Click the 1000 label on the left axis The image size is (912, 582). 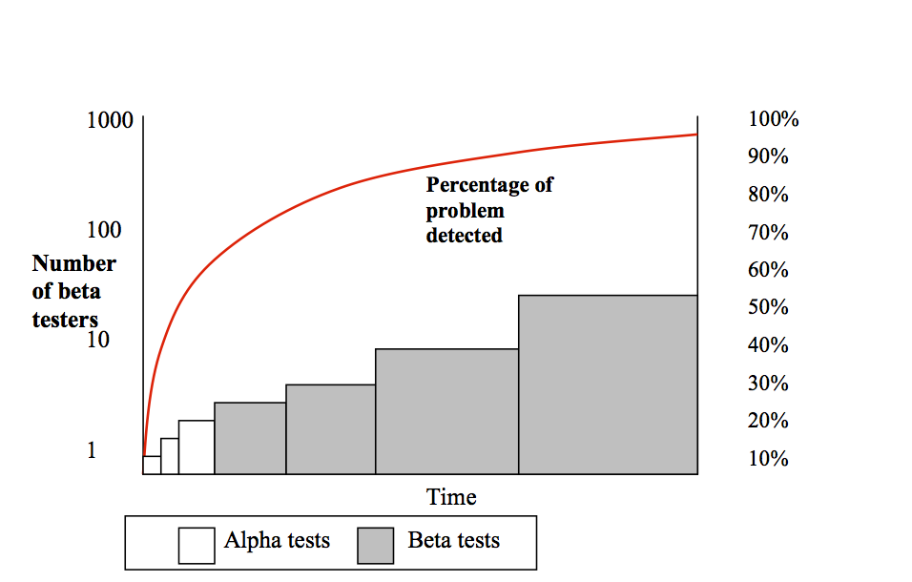[x=109, y=121]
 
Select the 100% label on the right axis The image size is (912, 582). [x=773, y=119]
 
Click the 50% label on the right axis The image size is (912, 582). [x=768, y=307]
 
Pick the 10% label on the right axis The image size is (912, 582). [x=768, y=459]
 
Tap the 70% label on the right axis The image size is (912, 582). [x=768, y=232]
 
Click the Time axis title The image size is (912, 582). [x=451, y=497]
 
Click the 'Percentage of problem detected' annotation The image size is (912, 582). [x=488, y=209]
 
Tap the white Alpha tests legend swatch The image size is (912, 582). [x=197, y=545]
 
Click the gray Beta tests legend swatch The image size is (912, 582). [x=376, y=545]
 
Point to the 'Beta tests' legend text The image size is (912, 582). [x=453, y=541]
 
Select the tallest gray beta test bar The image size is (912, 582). [x=608, y=385]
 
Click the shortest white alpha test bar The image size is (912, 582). [x=152, y=465]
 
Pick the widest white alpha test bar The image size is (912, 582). [x=197, y=447]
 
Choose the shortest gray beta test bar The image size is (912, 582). [x=250, y=438]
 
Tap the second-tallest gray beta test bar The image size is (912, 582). [x=446, y=411]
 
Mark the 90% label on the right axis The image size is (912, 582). [x=768, y=156]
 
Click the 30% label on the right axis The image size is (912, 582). [x=768, y=384]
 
